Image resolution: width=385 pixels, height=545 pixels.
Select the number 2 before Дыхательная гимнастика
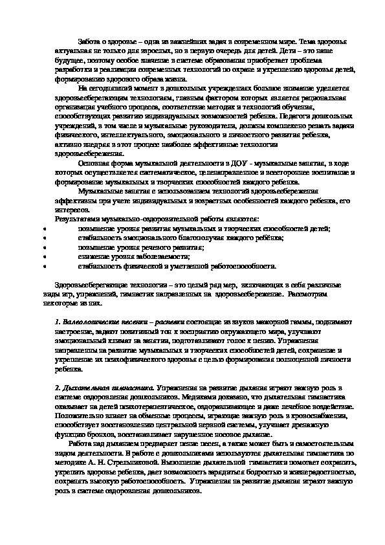tap(57, 387)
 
